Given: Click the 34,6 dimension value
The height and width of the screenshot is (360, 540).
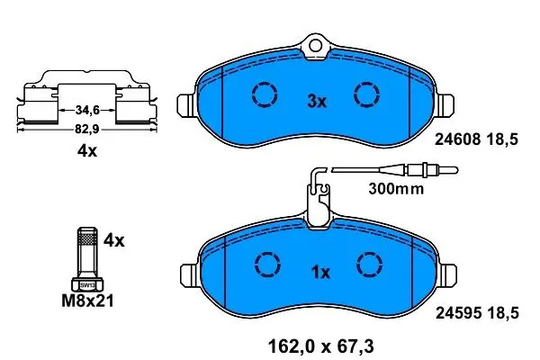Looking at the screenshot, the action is coord(87,110).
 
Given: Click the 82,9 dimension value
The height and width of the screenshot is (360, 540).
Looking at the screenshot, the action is coord(87,130).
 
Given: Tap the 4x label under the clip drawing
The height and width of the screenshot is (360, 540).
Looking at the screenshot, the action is coord(87,151).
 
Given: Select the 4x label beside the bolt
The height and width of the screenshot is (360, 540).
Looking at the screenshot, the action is coord(114,240).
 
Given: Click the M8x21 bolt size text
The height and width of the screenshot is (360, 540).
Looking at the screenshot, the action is coord(87,301).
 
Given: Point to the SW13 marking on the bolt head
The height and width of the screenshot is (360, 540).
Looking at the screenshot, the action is coord(87,285).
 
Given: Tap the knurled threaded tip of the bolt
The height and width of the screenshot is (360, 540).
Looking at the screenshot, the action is coord(86,236).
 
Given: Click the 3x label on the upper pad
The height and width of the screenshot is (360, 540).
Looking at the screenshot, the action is coord(317,102).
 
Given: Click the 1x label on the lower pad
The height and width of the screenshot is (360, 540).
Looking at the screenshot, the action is coord(320,273).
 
